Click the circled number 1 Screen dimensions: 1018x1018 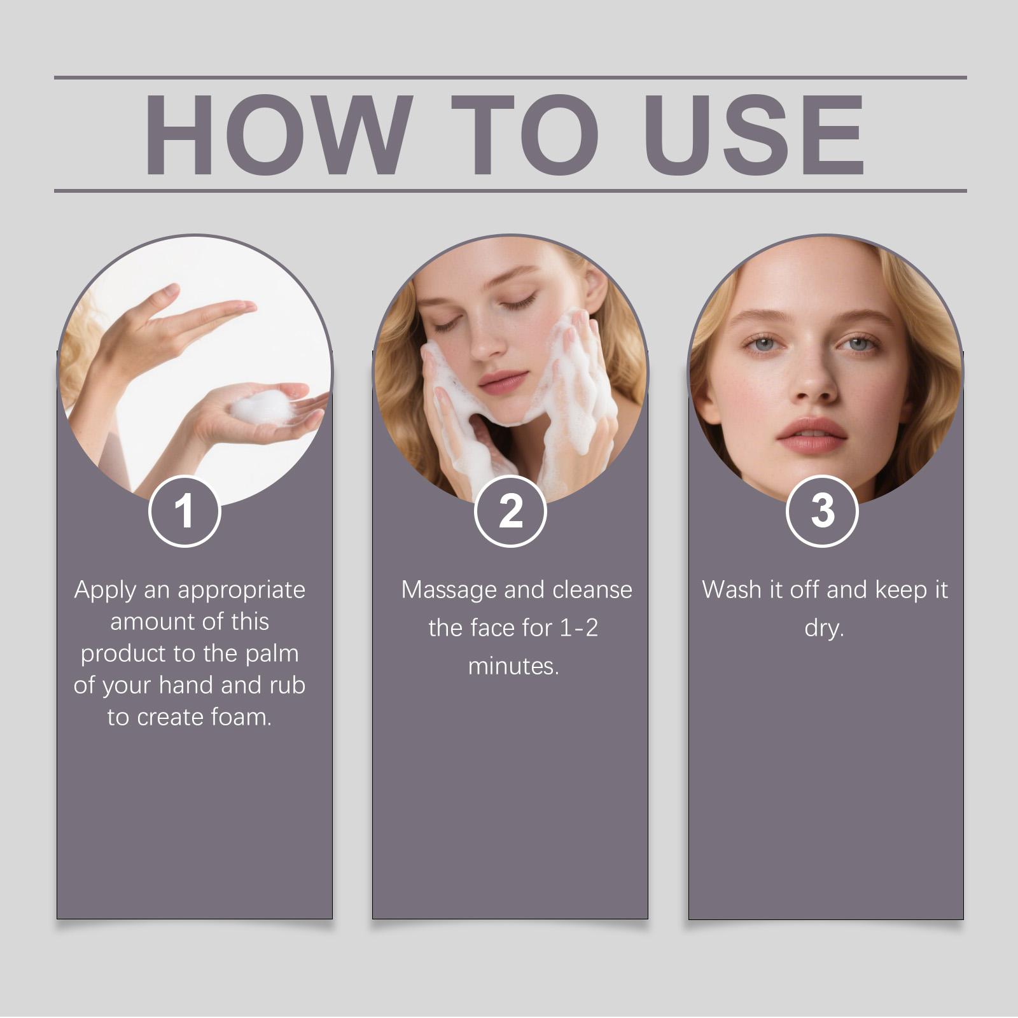185,511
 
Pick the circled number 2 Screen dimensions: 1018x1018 511,511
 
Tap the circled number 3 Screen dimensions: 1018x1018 823,511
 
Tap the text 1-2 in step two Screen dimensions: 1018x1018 579,629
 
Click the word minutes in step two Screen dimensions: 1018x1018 513,666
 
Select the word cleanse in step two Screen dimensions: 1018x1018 592,590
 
